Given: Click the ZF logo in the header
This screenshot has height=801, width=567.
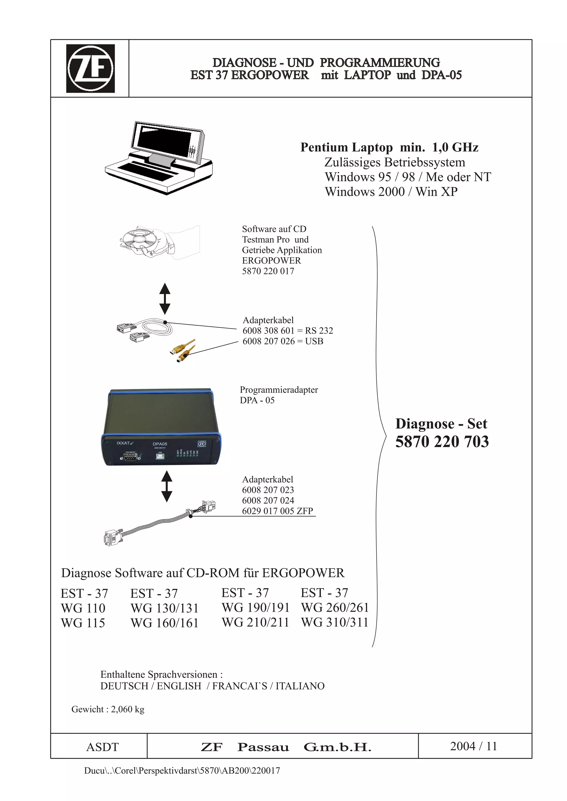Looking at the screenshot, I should tap(91, 68).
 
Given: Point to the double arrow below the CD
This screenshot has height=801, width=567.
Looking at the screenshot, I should tap(165, 298).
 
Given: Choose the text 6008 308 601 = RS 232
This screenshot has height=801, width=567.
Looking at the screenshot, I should tap(288, 331).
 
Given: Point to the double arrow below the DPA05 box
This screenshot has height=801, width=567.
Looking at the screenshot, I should tap(167, 486).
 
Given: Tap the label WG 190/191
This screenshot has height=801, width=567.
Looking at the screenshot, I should tap(255, 608).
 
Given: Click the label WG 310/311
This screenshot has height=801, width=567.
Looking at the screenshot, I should tap(334, 623).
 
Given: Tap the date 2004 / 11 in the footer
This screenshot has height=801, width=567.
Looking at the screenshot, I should tap(473, 746).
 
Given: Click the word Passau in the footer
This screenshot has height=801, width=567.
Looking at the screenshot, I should tap(263, 747).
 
